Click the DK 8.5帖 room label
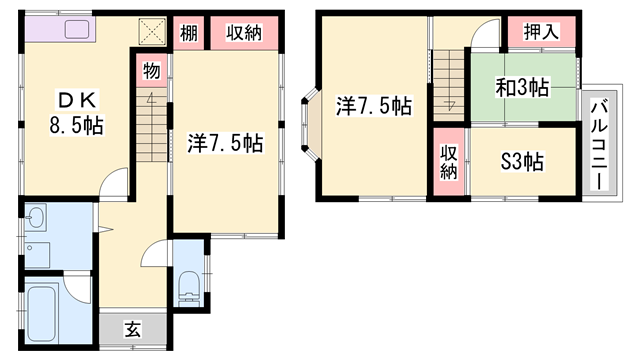pos(77,113)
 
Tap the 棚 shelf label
pos(189,33)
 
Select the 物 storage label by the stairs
pos(151,71)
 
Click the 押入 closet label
pos(541,31)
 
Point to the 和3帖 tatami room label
pos(522,87)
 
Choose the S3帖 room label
pos(522,162)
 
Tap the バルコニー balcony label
pos(599,145)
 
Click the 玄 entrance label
pos(133,329)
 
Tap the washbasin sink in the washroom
pos(36,217)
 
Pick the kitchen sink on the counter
pos(77,29)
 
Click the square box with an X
pos(152,31)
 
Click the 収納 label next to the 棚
pos(244,33)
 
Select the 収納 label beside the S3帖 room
pos(449,162)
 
